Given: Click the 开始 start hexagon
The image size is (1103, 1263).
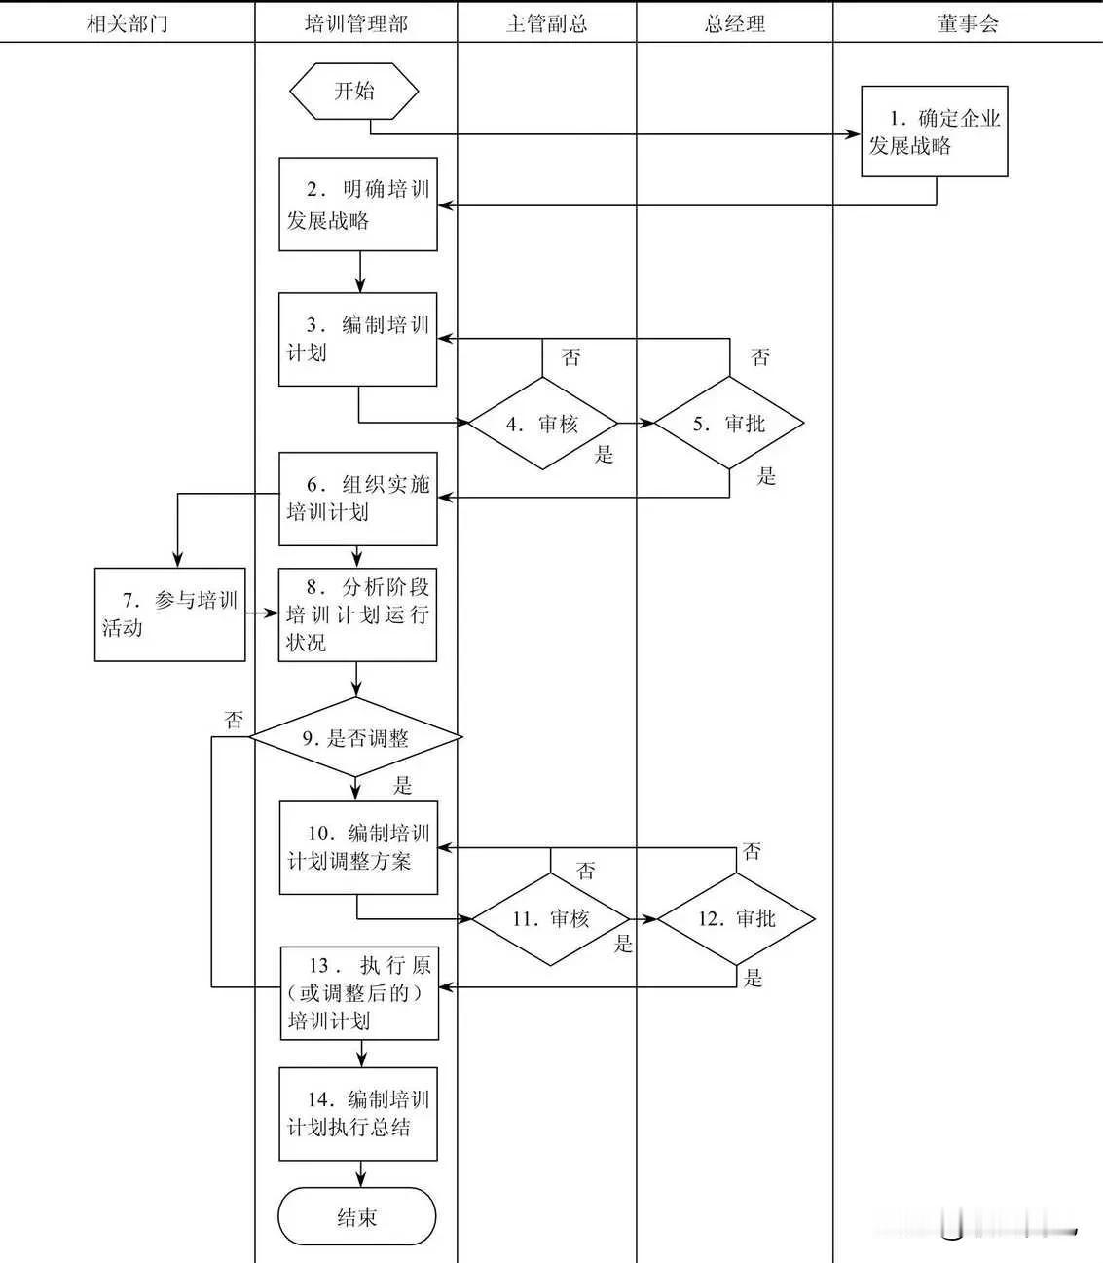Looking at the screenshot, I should point(354,92).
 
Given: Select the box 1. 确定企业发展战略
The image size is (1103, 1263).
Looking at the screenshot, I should point(934,131).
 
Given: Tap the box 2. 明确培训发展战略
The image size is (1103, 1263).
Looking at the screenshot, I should point(357,204).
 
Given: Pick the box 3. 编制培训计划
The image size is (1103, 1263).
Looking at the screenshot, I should point(357,339).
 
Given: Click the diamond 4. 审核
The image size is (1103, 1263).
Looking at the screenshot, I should point(543,424).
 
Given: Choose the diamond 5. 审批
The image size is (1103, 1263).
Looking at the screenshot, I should point(729,424).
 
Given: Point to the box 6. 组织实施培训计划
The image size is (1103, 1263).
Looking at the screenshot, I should point(357,499).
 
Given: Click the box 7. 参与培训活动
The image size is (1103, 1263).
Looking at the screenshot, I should point(169,614).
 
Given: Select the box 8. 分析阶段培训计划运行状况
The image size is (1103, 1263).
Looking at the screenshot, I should point(357,614).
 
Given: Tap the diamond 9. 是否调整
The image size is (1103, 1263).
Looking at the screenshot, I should point(355,738).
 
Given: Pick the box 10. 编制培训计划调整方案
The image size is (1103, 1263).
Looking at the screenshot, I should point(358,847).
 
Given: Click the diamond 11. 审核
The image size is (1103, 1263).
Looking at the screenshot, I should point(550,919).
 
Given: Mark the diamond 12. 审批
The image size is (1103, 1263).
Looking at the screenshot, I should point(736,919).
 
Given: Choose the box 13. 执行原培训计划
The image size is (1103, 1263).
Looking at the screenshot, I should point(359,993).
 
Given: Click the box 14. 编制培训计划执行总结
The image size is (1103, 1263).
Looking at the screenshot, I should point(357,1114).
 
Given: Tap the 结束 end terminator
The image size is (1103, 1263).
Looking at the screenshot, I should point(356,1217).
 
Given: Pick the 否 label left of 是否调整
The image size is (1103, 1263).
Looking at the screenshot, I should point(234,720).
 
